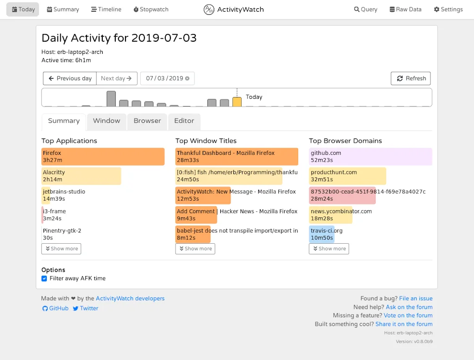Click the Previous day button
point(70,78)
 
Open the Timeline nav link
point(106,9)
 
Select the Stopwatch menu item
point(151,9)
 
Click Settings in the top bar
point(448,9)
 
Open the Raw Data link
point(405,9)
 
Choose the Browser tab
point(147,121)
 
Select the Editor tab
point(184,121)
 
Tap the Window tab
point(106,121)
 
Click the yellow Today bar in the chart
point(237,102)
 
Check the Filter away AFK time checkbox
point(44,278)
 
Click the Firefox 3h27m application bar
point(103,157)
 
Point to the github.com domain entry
point(370,157)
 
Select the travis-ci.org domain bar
point(322,234)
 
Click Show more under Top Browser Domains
point(329,249)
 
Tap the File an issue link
point(416,298)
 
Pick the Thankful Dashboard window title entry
point(237,157)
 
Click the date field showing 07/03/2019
point(165,78)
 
